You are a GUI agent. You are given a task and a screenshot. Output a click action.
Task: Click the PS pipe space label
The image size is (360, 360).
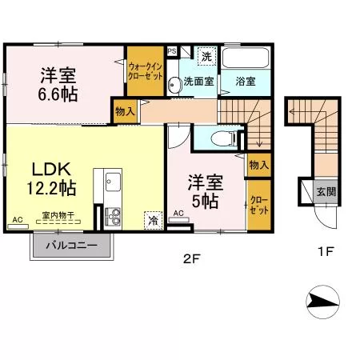[x=172, y=50]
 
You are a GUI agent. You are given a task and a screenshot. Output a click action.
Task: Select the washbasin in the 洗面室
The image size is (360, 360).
[x=174, y=85]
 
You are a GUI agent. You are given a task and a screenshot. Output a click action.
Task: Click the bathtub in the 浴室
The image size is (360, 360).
[x=245, y=58]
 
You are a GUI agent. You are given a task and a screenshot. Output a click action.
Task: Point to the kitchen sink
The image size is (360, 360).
[x=113, y=182]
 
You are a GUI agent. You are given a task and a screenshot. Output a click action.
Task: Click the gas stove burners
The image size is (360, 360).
[x=113, y=216]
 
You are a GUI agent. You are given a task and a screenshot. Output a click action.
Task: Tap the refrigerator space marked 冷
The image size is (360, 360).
[x=154, y=220]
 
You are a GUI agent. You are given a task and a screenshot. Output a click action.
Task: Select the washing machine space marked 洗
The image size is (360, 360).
[x=206, y=56]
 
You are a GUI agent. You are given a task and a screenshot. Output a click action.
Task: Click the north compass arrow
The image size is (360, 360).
[x=323, y=302]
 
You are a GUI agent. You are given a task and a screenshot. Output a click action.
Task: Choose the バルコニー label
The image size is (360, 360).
[x=72, y=245]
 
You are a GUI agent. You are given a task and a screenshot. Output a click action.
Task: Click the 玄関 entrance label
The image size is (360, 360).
[x=326, y=191]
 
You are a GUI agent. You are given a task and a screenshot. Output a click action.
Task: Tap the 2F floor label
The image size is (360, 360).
[x=191, y=258]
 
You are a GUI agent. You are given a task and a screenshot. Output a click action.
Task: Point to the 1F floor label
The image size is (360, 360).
[x=326, y=251]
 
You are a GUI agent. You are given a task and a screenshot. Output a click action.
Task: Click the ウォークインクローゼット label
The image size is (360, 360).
[x=146, y=71]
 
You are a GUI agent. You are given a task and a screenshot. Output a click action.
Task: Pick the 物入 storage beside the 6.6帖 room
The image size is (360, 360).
[x=125, y=111]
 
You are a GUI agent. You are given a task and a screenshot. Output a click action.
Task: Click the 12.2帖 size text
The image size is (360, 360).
[x=51, y=188]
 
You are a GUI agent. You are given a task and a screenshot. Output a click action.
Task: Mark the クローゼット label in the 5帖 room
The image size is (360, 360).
[x=259, y=205]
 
